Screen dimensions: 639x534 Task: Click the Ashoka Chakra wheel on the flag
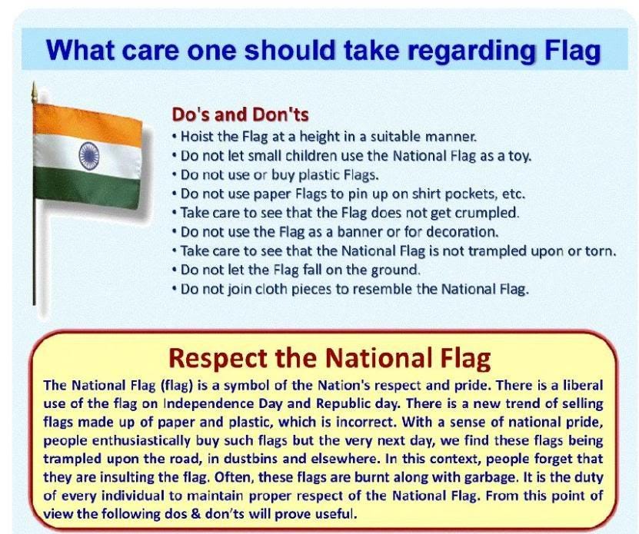click(x=89, y=156)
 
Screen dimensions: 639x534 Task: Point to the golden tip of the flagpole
click(x=35, y=93)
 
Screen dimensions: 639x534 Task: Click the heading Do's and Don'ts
click(x=240, y=114)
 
